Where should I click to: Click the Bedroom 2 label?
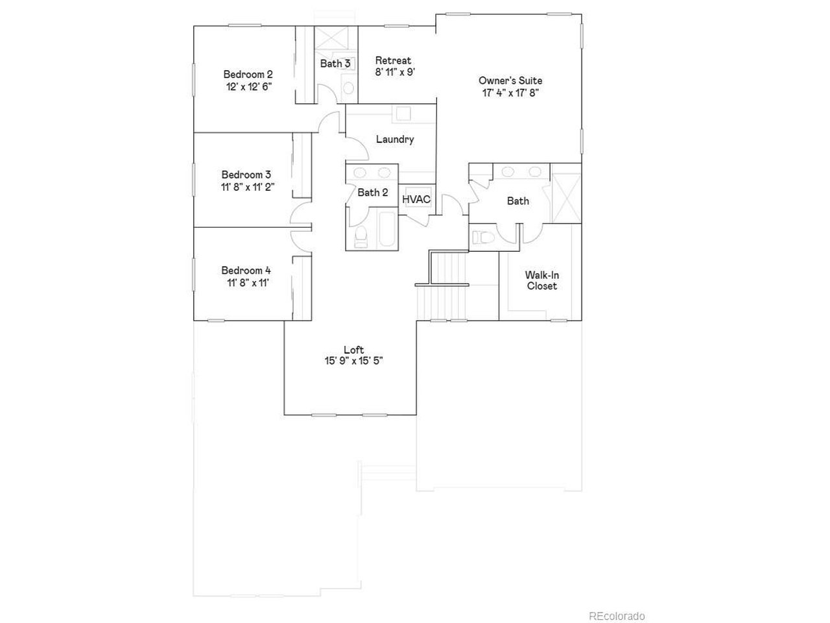[x=248, y=74]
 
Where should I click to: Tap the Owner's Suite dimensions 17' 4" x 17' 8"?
[x=510, y=93]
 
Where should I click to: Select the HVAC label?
[x=416, y=199]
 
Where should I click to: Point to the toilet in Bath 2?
[x=361, y=236]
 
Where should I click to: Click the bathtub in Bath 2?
[x=387, y=229]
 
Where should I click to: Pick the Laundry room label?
[x=395, y=139]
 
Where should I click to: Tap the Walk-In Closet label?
[x=542, y=280]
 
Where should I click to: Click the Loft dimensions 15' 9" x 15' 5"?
[x=353, y=361]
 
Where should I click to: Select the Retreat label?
[x=393, y=60]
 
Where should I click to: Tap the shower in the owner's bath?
[x=565, y=197]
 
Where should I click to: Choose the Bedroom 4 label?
[x=246, y=271]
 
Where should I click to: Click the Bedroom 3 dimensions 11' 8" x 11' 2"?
[x=248, y=187]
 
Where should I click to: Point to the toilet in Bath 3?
[x=348, y=88]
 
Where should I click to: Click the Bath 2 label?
[x=372, y=193]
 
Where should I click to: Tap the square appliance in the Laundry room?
[x=403, y=114]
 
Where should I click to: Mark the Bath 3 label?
[x=335, y=64]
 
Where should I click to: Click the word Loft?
[x=353, y=350]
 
